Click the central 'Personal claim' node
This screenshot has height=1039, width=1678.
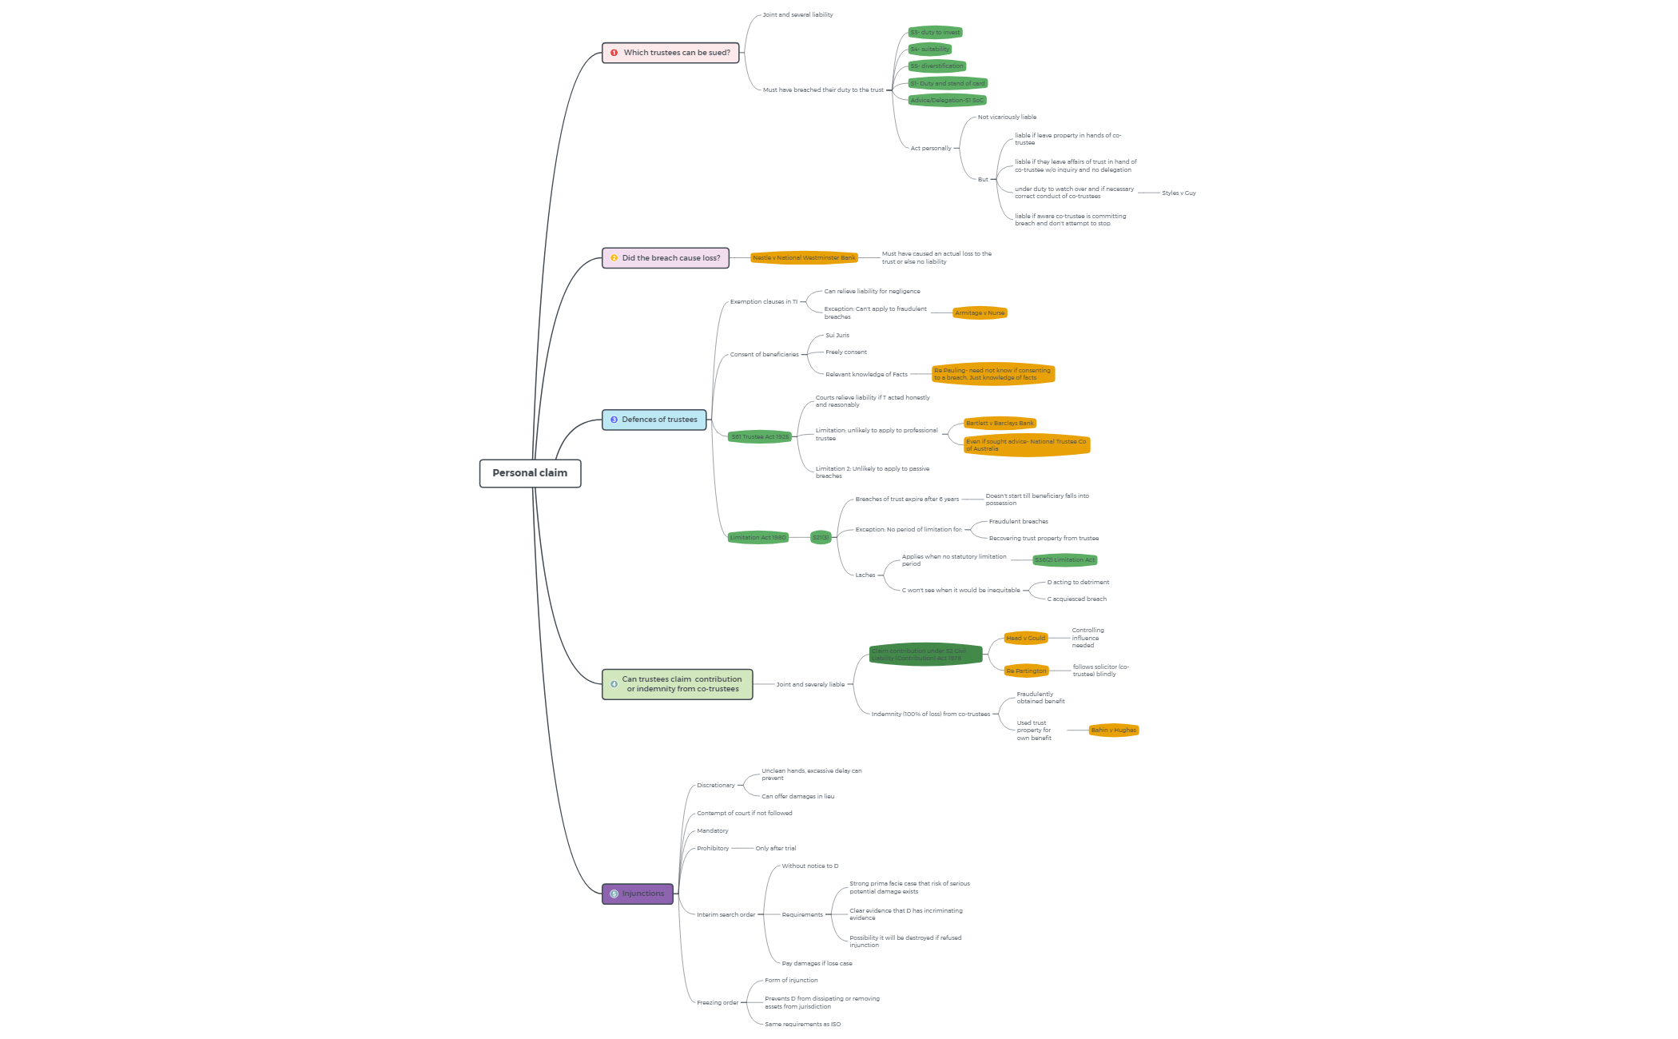pos(530,473)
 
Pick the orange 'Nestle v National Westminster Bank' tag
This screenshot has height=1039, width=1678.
pos(804,258)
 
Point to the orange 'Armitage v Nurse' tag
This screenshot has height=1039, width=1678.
pos(980,313)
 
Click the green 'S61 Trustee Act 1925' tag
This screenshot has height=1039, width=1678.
pos(759,437)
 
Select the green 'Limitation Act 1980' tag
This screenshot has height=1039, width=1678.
pos(757,538)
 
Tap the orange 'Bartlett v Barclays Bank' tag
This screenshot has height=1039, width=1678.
pos(1000,424)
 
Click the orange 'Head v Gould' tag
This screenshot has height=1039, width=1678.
pos(1025,639)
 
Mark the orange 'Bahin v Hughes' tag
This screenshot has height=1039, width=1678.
pos(1113,730)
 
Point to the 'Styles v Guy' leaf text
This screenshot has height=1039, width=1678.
pos(1179,193)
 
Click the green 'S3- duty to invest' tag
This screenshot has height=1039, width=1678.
pos(935,33)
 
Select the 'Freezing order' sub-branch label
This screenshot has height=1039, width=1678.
pos(717,1003)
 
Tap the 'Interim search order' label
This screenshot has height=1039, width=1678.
pos(726,915)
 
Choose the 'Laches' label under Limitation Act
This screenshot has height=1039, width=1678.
pos(865,575)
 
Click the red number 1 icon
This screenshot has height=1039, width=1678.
pos(614,53)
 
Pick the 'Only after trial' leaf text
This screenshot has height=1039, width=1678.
pos(775,849)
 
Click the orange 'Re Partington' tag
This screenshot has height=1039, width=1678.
pos(1026,671)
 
